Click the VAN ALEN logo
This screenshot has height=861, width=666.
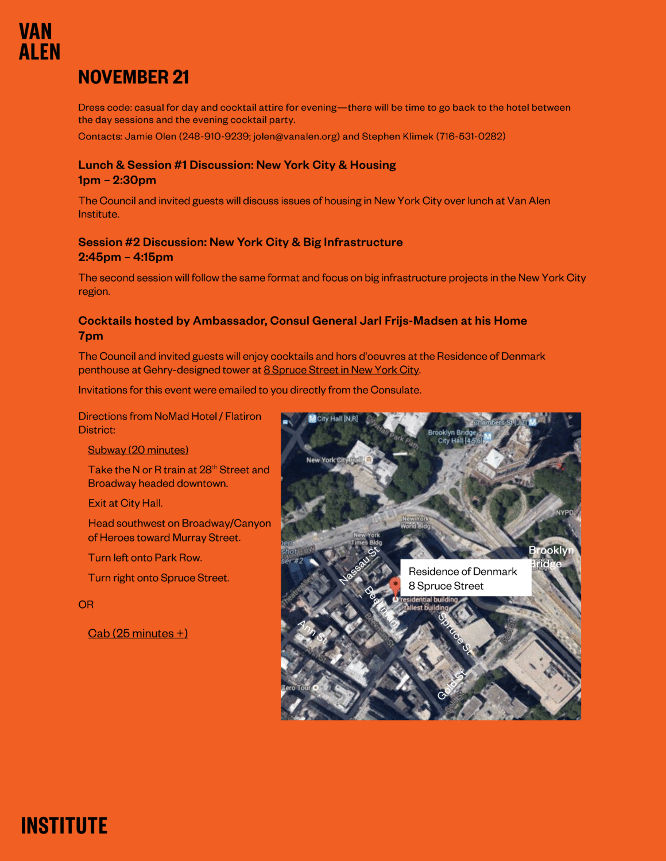[39, 42]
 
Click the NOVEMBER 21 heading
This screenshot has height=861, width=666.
[134, 77]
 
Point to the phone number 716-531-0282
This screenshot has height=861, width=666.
[470, 137]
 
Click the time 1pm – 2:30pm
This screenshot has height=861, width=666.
[117, 180]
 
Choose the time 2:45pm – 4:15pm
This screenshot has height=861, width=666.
[126, 257]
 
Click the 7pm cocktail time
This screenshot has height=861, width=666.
[91, 336]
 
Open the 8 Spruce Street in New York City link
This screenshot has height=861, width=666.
[341, 370]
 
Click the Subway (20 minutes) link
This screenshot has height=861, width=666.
[138, 450]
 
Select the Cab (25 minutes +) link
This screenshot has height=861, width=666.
[138, 633]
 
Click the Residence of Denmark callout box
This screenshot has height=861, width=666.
[465, 578]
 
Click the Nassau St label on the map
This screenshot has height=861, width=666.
[359, 566]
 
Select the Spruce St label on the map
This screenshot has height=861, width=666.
[455, 633]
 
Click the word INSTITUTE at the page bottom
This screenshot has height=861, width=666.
[64, 826]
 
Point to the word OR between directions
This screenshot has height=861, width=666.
[86, 605]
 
